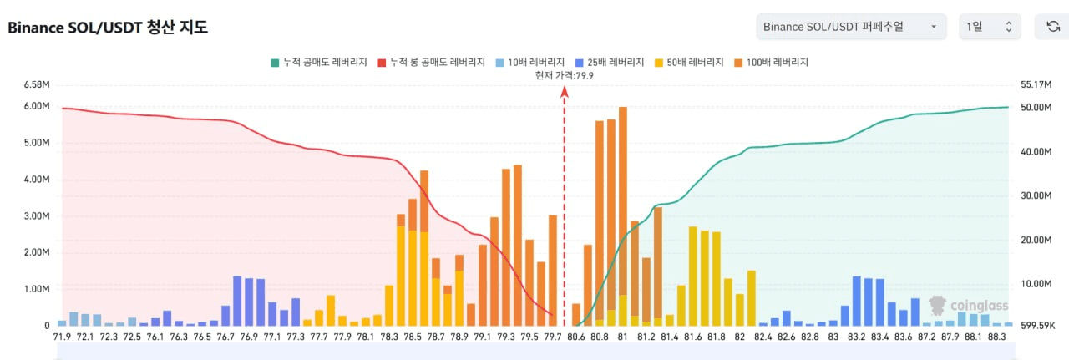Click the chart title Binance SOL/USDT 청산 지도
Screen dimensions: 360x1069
click(108, 28)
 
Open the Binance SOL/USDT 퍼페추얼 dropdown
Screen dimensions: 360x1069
click(850, 27)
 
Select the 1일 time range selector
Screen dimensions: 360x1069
click(989, 27)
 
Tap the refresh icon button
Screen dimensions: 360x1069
click(1053, 27)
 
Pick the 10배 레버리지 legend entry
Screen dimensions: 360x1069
click(529, 63)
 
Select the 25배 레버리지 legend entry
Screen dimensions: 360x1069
click(610, 63)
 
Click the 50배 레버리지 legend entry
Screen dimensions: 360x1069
click(690, 63)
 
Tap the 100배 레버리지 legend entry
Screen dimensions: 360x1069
click(772, 63)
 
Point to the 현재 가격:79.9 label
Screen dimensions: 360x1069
click(565, 75)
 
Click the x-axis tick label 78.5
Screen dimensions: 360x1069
click(413, 337)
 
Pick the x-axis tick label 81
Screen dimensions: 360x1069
click(622, 337)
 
